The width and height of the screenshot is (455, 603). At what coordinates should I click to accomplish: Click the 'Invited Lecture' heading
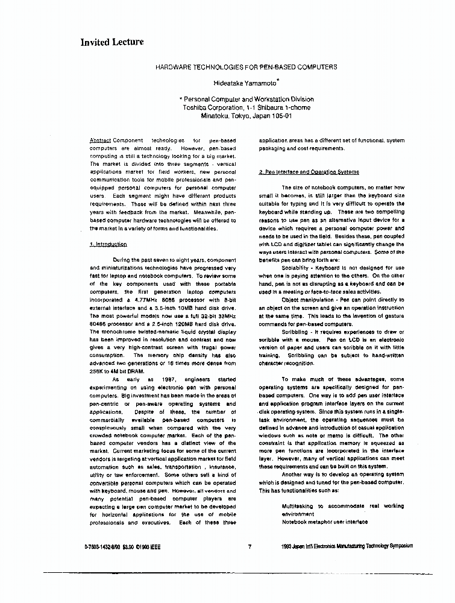pos(112,42)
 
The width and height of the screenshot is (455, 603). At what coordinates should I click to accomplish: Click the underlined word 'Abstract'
pos(99,140)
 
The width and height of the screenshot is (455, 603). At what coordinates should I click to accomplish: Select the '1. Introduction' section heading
pos(108,244)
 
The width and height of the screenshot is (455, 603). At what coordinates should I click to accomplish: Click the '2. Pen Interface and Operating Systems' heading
pos(309,172)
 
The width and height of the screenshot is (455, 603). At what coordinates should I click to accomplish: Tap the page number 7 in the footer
pos(249,546)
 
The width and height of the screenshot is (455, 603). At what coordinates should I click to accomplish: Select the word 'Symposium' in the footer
pos(398,546)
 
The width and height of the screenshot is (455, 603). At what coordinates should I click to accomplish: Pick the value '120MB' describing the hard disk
pos(172,323)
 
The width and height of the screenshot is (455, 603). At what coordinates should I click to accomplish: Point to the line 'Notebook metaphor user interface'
pos(324,522)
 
